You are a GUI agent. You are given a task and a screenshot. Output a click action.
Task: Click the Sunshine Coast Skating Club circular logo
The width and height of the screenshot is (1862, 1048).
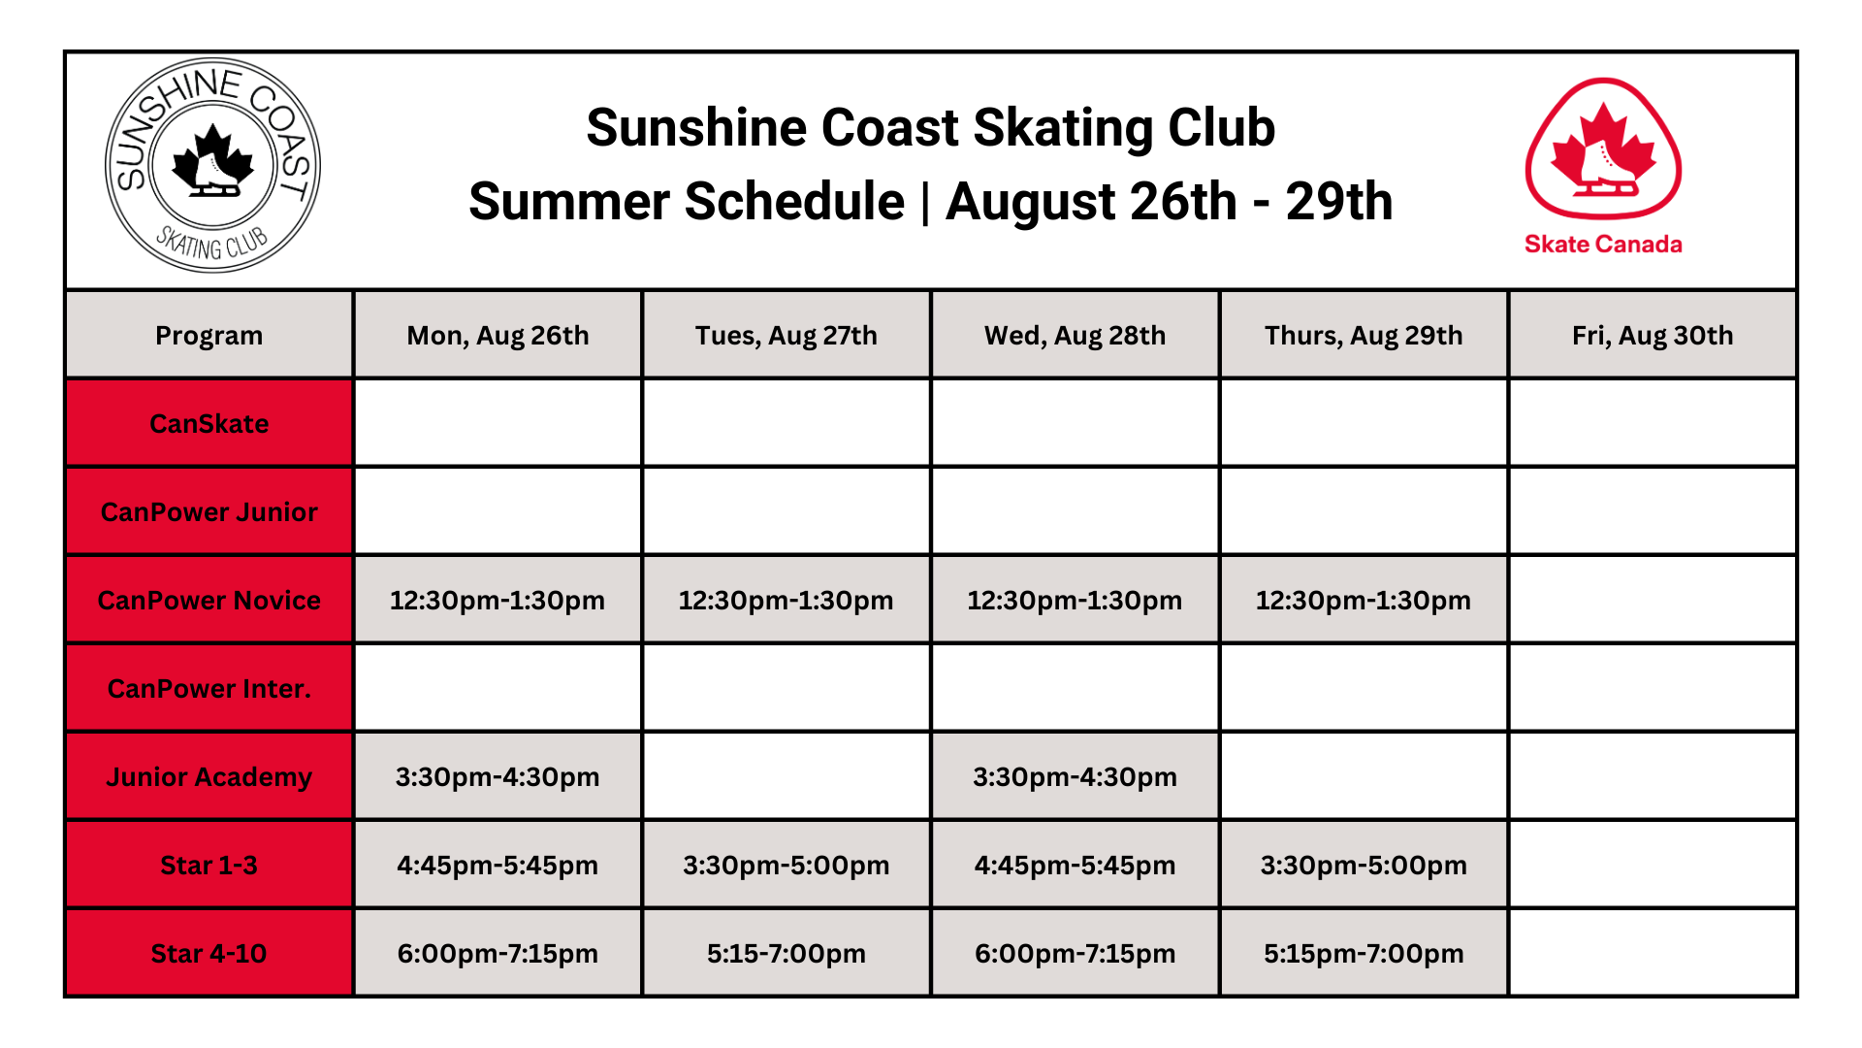point(212,165)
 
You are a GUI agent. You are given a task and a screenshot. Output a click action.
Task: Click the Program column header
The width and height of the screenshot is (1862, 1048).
point(209,335)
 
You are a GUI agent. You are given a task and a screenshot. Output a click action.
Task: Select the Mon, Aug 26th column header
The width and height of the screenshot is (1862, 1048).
point(498,335)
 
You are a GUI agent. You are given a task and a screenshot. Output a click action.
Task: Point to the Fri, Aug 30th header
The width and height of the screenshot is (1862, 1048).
point(1653,335)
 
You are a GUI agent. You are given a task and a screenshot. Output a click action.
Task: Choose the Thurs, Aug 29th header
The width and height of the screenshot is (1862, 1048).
point(1364,335)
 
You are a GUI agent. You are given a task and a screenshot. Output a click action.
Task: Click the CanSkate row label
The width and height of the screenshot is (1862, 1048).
point(209,423)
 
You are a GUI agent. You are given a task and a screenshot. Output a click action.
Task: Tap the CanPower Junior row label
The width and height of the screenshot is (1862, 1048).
point(209,511)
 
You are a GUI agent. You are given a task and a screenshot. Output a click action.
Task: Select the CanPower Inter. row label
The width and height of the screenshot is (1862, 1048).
point(209,688)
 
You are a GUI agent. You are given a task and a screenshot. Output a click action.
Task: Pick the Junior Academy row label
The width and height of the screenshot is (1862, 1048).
point(209,776)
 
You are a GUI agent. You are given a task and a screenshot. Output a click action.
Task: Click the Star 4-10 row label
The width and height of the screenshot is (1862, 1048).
point(209,953)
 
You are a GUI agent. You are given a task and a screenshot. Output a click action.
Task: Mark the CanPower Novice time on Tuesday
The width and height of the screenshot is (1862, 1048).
point(786,600)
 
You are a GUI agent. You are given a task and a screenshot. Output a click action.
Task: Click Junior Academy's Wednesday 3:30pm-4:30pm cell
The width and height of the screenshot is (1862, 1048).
point(1075,776)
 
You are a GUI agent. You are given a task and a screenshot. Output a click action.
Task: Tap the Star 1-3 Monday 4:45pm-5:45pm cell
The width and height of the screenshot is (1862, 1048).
point(498,865)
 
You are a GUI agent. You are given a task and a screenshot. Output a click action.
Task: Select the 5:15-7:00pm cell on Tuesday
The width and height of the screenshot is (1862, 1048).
point(786,953)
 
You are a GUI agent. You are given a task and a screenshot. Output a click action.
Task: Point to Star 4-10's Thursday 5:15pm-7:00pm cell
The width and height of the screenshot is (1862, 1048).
point(1364,953)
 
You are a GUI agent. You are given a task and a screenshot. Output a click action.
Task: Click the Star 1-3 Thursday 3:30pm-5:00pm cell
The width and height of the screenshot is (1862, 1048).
point(1364,865)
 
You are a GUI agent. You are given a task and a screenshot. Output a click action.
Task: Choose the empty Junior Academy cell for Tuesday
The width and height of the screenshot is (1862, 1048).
point(786,776)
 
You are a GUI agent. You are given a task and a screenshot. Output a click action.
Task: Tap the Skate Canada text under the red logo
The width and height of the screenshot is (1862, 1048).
point(1603,244)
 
